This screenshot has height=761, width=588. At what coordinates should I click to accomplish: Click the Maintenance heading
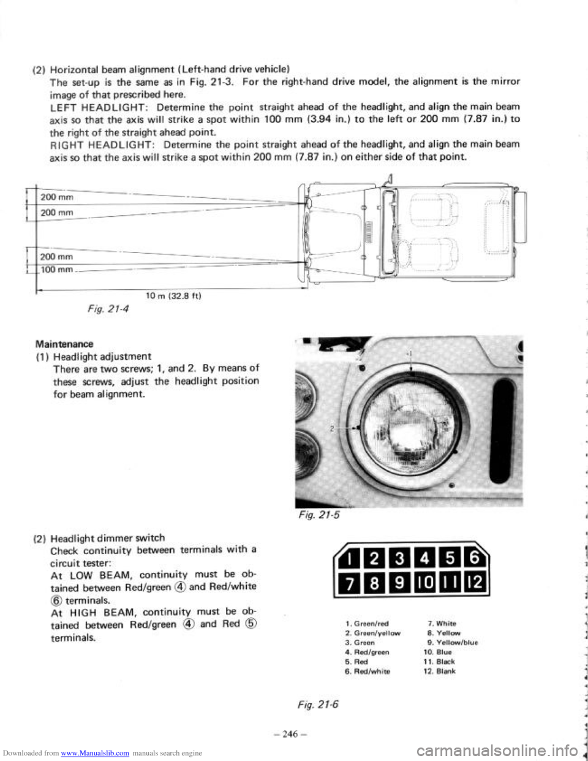[64, 344]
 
